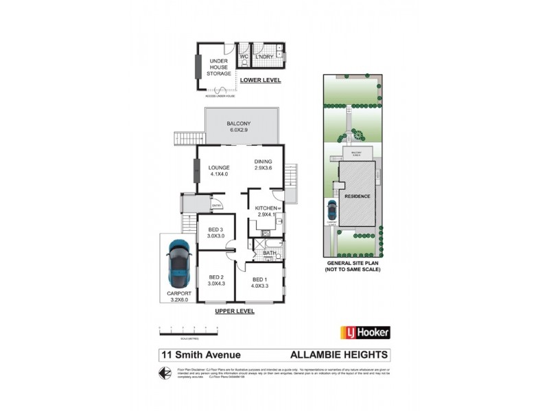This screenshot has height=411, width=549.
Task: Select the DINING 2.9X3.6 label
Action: (264, 164)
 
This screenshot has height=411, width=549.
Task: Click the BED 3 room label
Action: (216, 233)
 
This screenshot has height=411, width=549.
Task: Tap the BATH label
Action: (270, 253)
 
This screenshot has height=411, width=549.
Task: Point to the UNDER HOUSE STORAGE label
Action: (219, 67)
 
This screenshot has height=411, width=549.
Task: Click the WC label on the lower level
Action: (244, 57)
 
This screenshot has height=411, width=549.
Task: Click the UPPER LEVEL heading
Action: (235, 311)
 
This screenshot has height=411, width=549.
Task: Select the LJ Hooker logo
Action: (366, 332)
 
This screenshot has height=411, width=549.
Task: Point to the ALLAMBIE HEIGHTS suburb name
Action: (340, 355)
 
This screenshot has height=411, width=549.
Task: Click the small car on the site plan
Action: (332, 208)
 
